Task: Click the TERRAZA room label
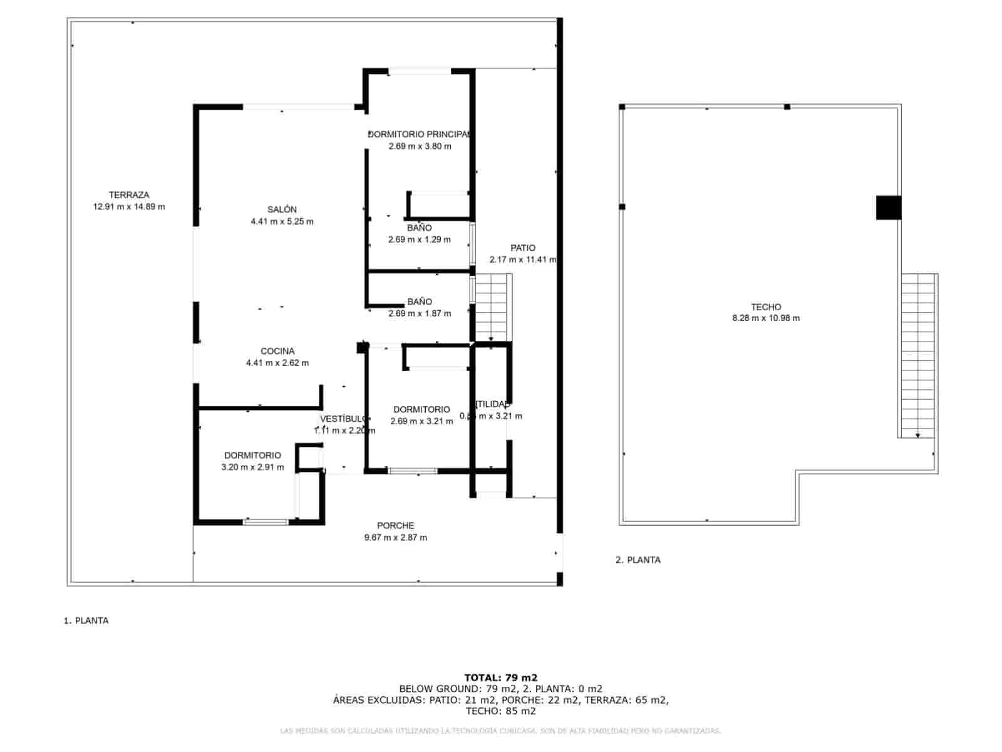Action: (x=129, y=195)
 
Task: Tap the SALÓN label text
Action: (x=282, y=209)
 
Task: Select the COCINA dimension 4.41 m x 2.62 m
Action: (x=277, y=363)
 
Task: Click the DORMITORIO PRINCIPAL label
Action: (x=419, y=134)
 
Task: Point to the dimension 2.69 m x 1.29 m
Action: (x=419, y=239)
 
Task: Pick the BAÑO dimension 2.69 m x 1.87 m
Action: (x=419, y=313)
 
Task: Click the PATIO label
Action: (x=523, y=248)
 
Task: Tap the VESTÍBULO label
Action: (x=343, y=419)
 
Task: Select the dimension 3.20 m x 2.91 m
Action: (x=252, y=467)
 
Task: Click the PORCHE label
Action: (x=395, y=526)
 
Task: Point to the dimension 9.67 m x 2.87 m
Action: (x=395, y=538)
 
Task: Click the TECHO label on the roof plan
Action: (x=766, y=307)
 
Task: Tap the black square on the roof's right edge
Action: (x=888, y=207)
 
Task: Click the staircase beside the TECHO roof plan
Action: (x=917, y=355)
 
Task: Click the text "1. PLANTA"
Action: (x=86, y=620)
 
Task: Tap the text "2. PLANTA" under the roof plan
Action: (x=638, y=560)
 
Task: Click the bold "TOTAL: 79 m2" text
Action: (x=500, y=677)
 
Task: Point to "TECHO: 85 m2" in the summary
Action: (x=500, y=711)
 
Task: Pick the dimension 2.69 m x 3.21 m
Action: (x=421, y=421)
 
